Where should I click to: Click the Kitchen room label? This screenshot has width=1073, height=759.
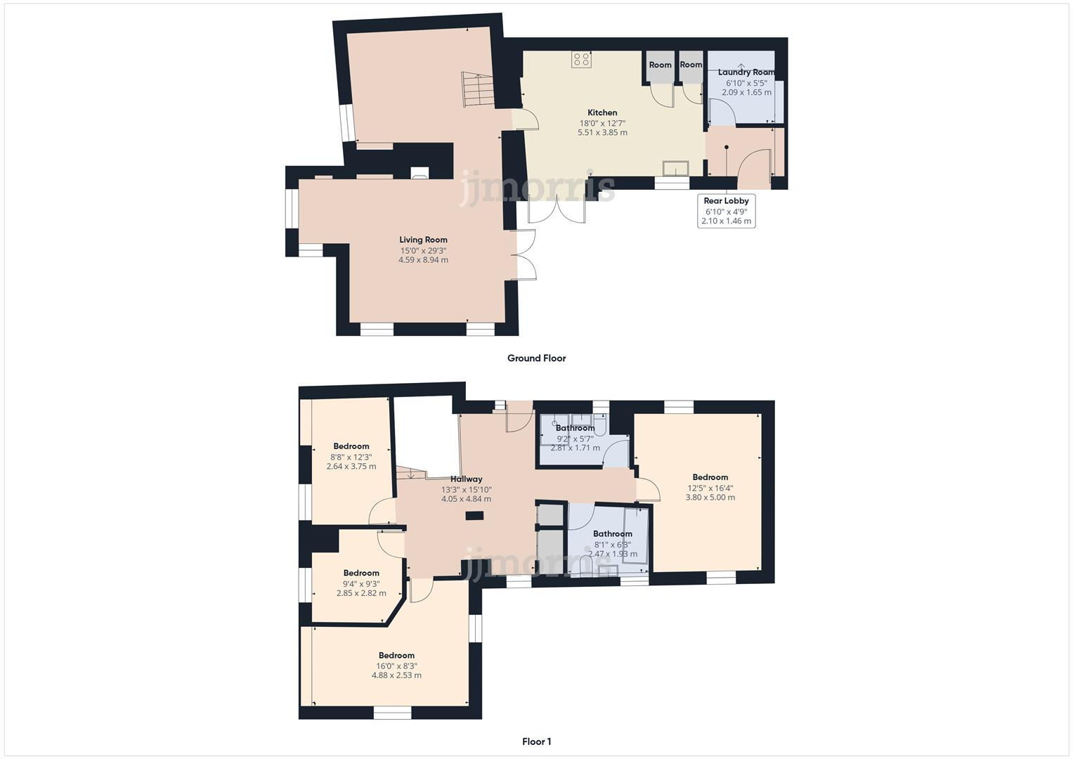pos(602,112)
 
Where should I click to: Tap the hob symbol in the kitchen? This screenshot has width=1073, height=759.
pos(581,60)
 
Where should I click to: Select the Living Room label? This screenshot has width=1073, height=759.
pos(423,240)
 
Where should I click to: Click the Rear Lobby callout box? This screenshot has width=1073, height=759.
pos(727,211)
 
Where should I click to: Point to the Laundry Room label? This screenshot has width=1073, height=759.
pos(746,72)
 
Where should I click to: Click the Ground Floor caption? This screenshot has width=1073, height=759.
pos(536,358)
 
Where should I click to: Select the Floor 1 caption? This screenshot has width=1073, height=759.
pos(536,741)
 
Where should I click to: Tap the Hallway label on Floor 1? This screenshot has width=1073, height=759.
pos(466,479)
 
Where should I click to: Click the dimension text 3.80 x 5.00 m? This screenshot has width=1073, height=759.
pos(710,498)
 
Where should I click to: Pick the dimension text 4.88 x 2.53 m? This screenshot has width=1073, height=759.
pos(396,675)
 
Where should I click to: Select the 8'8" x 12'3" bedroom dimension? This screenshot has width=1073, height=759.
pos(351,457)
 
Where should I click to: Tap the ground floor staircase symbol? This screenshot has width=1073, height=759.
pos(474,89)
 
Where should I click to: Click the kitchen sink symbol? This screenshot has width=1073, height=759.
pos(676,168)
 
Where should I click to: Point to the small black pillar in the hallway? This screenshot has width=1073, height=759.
pos(474,516)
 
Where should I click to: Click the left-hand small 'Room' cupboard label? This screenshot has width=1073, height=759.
pos(660,65)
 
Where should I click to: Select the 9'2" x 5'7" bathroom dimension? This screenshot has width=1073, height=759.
pos(575,438)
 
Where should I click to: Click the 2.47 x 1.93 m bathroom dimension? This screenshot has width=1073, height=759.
pos(612,554)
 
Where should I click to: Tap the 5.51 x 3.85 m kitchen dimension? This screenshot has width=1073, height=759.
pos(602,132)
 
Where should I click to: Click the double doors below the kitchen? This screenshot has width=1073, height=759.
pos(557,208)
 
